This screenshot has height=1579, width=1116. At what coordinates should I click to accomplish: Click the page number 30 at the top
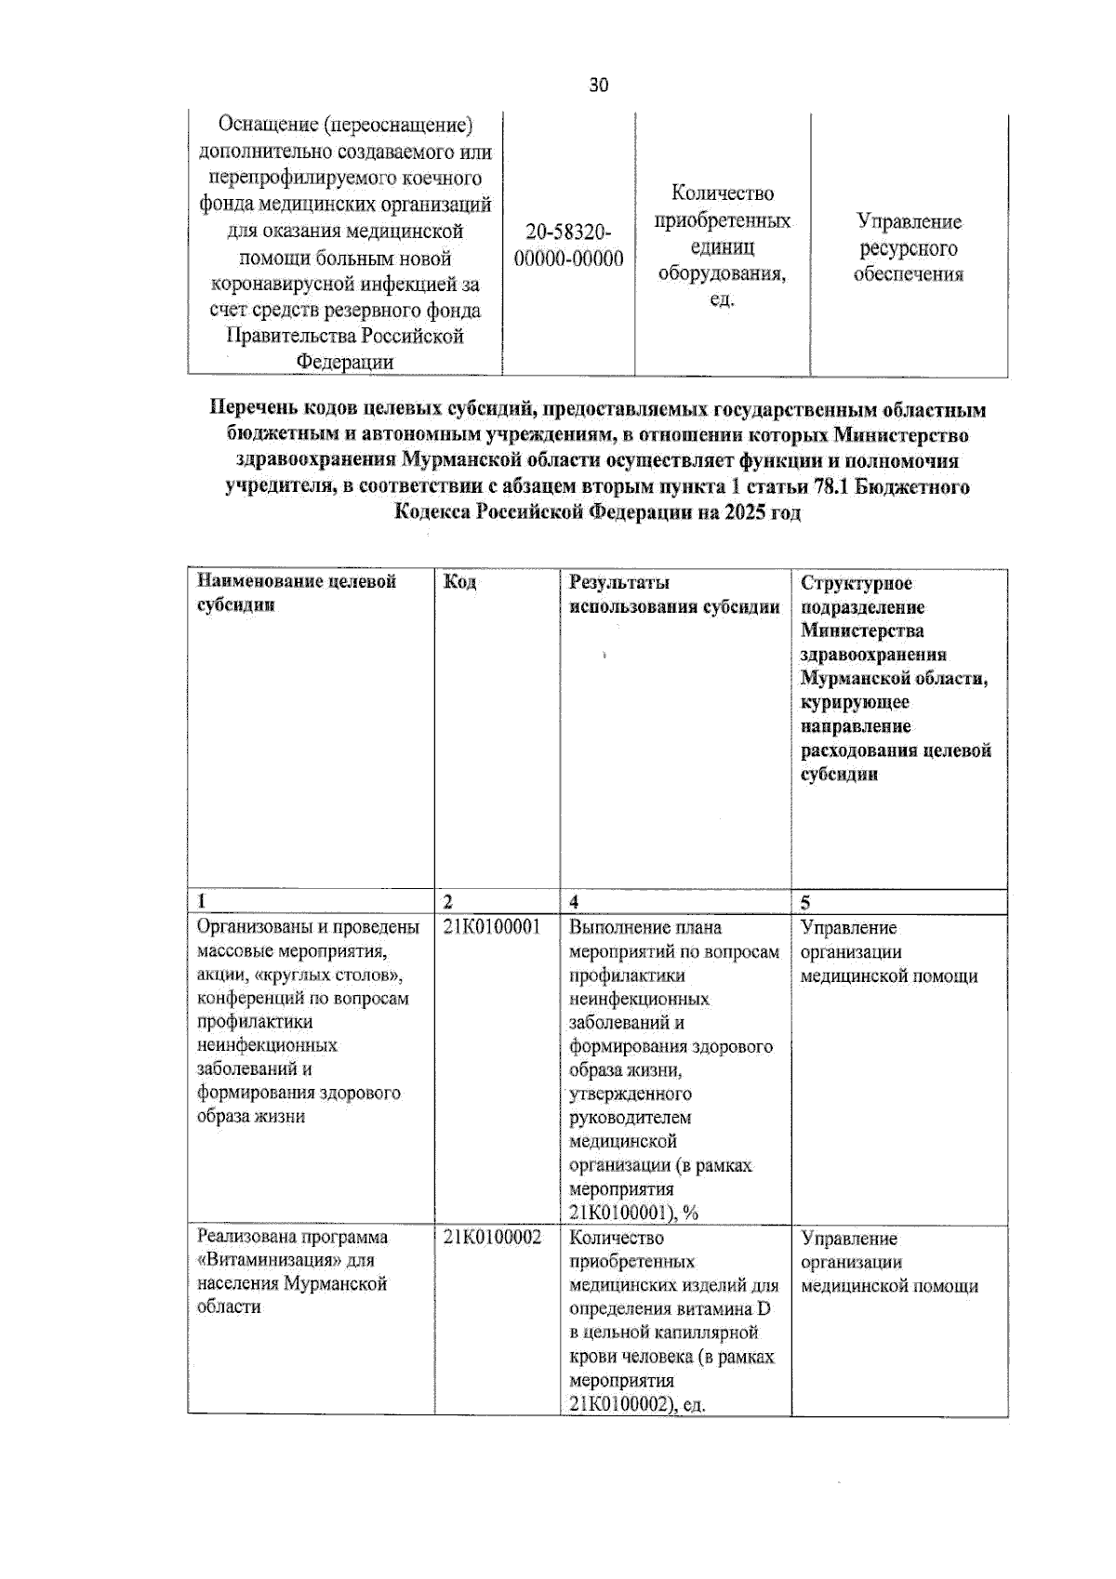(599, 86)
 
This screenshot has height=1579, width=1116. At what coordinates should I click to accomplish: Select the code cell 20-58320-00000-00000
(568, 245)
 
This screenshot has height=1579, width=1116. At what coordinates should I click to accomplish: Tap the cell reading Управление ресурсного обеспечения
(909, 247)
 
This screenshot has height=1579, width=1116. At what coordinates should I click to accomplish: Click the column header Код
(459, 582)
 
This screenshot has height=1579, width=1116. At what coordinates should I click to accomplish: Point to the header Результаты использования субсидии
(673, 594)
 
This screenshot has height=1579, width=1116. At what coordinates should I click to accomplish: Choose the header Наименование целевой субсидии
(296, 592)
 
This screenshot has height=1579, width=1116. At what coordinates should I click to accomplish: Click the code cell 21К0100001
(491, 927)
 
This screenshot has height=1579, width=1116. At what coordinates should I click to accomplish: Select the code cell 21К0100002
(491, 1238)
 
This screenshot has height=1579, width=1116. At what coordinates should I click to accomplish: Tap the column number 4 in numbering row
(574, 902)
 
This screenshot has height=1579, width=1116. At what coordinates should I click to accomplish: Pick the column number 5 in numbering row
(805, 902)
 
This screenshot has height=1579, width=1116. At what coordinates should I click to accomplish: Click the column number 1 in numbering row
(201, 901)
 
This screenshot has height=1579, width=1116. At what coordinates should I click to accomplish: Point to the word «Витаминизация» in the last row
(262, 1261)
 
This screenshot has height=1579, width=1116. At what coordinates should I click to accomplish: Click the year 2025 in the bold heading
(745, 512)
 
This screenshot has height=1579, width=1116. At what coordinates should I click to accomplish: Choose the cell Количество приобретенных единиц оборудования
(722, 245)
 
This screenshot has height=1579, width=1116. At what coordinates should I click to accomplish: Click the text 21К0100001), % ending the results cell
(633, 1213)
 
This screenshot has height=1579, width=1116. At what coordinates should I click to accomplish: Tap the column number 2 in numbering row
(448, 902)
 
